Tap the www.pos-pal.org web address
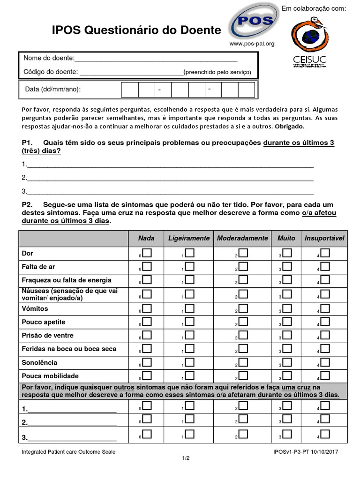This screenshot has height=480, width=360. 252,44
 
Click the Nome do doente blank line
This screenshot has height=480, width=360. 156,59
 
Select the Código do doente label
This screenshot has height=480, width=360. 51,72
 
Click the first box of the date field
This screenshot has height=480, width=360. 130,90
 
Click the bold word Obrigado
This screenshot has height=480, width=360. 289,127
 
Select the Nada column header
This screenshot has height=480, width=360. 146,238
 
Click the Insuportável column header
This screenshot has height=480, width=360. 324,238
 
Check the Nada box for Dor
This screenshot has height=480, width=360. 147,253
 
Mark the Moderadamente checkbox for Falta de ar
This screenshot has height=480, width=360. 243,267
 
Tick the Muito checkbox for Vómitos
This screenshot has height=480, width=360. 287,308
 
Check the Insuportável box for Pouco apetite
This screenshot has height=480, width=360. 325,322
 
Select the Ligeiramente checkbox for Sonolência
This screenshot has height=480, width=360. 189,362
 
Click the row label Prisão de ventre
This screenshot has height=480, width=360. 48,336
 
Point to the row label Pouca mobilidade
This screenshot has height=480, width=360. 50,376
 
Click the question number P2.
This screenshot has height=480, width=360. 27,205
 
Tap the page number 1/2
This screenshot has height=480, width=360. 186,458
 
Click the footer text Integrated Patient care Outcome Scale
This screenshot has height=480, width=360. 68,452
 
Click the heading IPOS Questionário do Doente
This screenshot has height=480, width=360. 136,30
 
